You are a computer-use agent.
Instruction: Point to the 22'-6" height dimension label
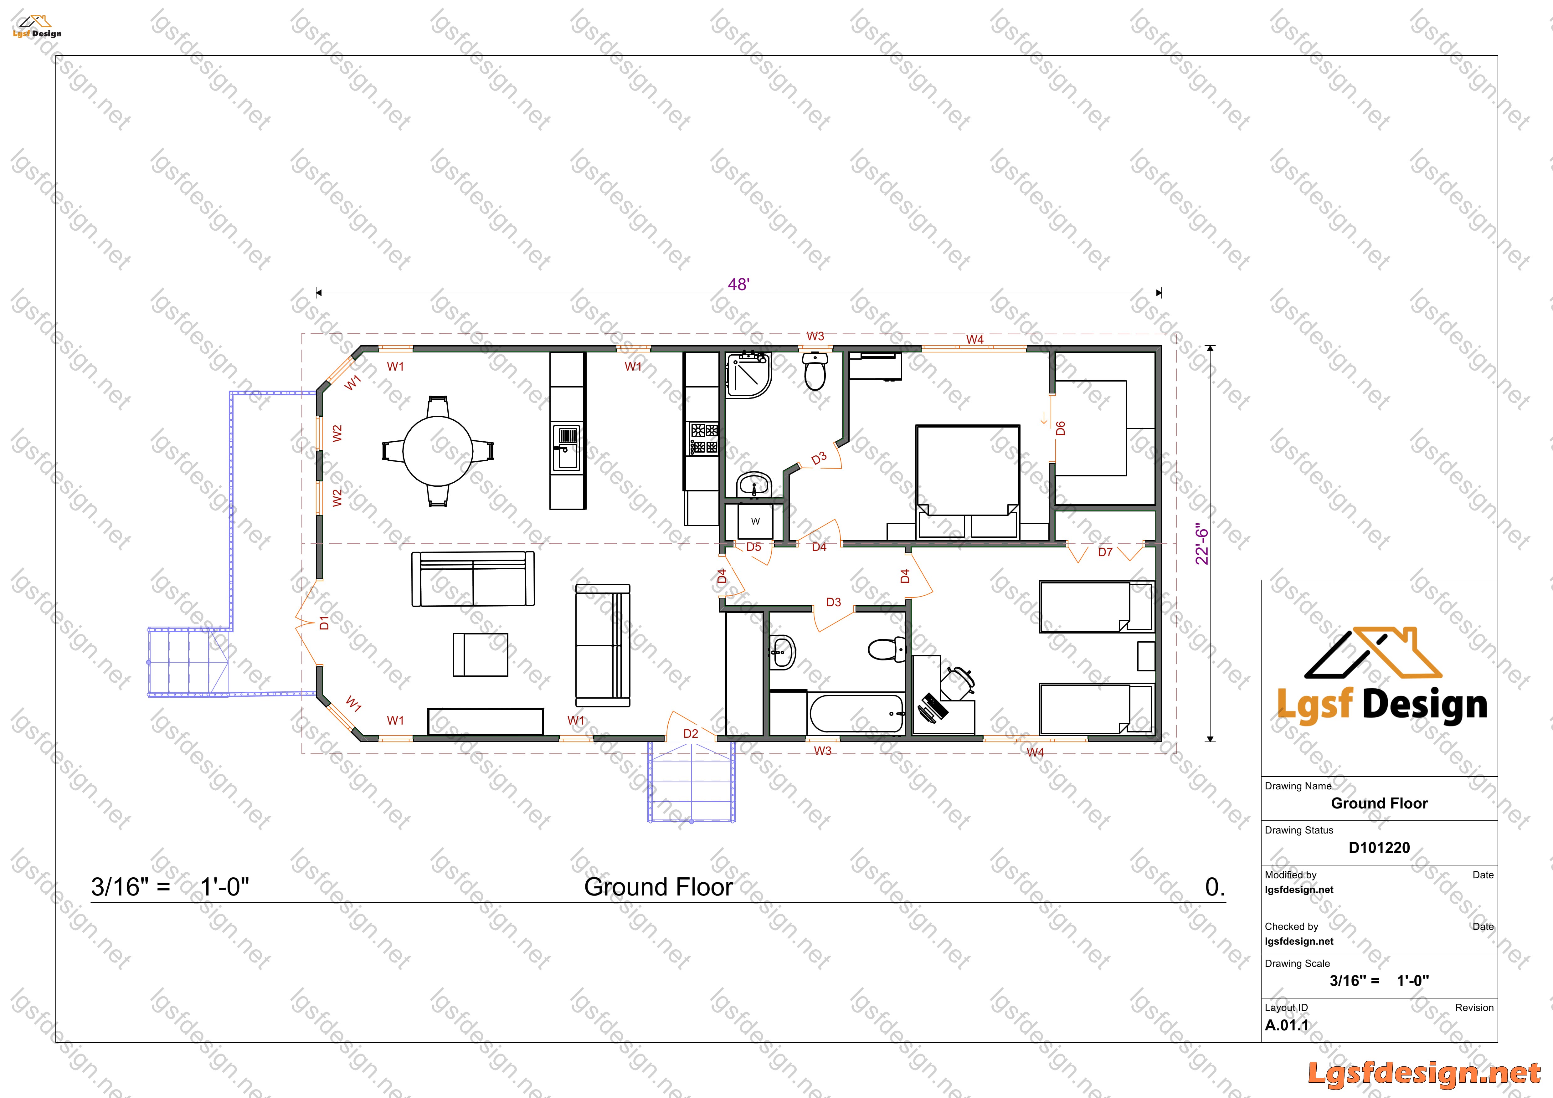coord(1201,544)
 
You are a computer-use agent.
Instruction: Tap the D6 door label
coord(1061,428)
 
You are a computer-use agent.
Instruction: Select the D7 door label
coord(1105,552)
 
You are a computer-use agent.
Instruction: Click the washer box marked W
coord(756,521)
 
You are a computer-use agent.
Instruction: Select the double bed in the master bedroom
coord(967,481)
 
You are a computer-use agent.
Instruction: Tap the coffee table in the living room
coord(480,654)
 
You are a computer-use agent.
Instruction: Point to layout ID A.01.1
coord(1287,1025)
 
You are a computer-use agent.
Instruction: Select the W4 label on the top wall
coord(975,339)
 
